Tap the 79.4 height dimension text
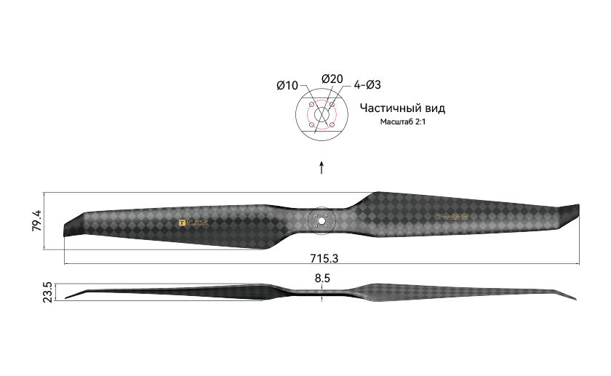click(36, 220)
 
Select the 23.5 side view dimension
click(48, 292)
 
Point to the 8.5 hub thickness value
click(323, 278)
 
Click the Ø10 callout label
click(287, 86)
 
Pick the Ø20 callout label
click(332, 79)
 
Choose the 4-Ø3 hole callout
click(368, 85)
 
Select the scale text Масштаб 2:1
click(402, 122)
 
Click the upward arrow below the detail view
click(322, 168)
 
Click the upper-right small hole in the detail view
click(332, 105)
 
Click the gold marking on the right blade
click(452, 217)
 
